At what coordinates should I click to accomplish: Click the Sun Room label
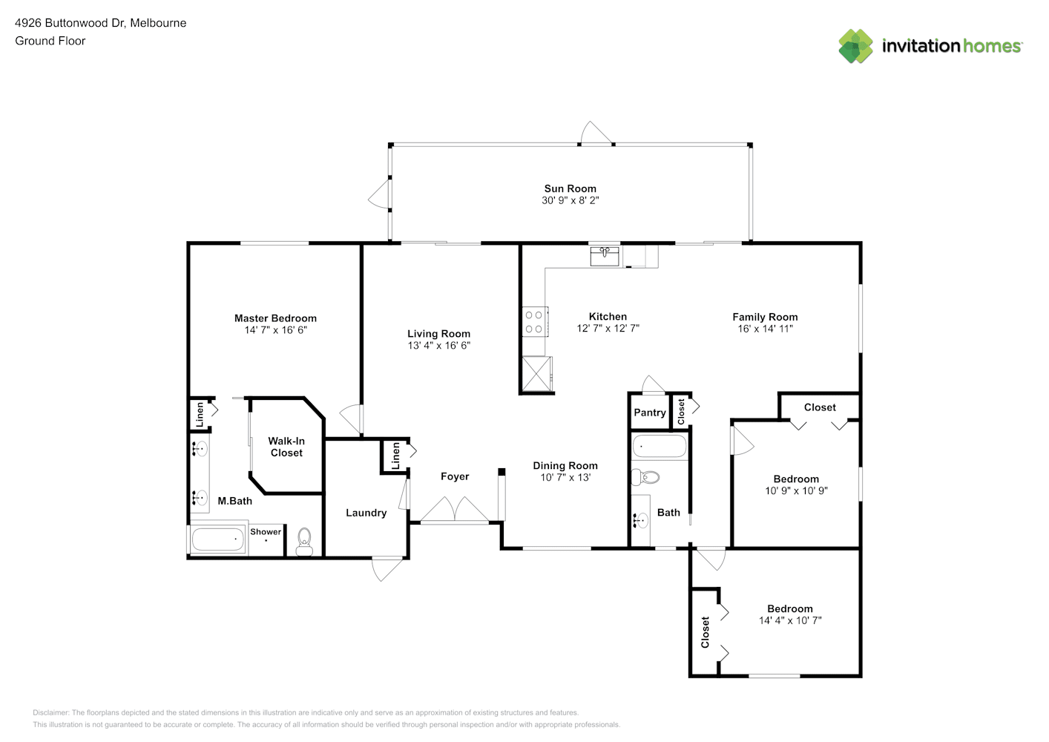point(570,188)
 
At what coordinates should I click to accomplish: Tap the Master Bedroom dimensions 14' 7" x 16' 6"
point(275,330)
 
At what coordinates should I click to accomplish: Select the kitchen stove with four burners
point(534,322)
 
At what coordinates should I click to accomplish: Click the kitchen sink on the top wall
point(604,257)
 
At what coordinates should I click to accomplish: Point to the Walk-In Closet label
point(286,447)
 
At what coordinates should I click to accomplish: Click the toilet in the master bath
point(304,542)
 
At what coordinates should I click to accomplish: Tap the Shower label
point(266,532)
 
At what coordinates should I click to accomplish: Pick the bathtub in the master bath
point(218,539)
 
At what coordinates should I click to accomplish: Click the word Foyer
point(455,477)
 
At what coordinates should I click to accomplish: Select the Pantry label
point(650,413)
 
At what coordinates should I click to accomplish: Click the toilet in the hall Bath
point(645,477)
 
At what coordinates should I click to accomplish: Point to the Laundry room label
point(366,513)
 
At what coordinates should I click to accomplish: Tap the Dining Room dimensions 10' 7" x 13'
point(565,478)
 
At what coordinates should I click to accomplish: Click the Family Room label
point(765,317)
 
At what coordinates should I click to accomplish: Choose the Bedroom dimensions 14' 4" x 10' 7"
point(790,620)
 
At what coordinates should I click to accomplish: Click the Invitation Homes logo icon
point(855,46)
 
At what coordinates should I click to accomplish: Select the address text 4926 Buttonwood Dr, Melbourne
point(101,23)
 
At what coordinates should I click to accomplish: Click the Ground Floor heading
point(50,41)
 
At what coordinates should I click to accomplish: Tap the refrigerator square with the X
point(536,373)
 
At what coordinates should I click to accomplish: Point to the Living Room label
point(438,334)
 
